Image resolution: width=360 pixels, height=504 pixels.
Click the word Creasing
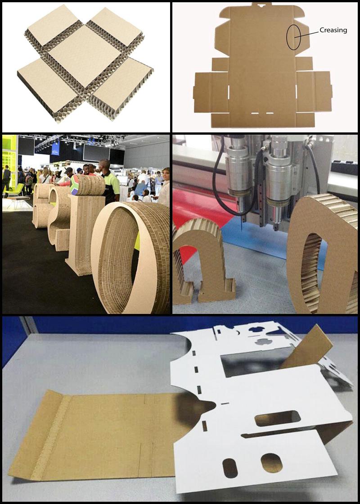tap(333, 30)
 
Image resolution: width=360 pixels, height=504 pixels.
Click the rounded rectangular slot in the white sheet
tap(277, 418)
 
